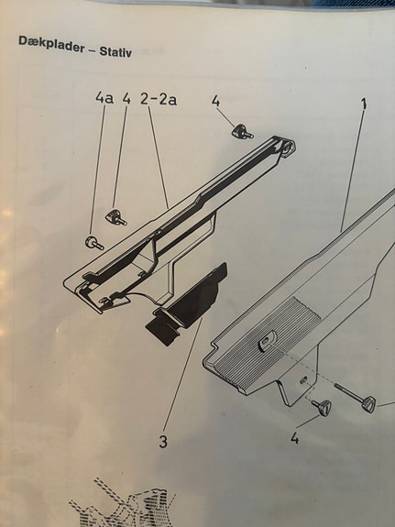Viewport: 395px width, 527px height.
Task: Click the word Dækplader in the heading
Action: [x=51, y=44]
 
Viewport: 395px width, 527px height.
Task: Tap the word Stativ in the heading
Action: [x=115, y=52]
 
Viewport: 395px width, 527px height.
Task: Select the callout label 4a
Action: [x=104, y=98]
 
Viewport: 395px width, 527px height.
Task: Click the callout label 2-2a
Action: [x=159, y=99]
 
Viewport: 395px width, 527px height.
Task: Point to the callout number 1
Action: [x=364, y=104]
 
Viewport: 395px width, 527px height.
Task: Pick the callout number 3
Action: [x=163, y=441]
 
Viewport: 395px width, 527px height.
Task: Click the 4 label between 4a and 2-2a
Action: [x=126, y=98]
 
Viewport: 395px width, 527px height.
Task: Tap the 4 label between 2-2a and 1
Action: [x=215, y=101]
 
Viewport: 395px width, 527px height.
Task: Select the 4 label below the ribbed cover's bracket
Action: [x=294, y=438]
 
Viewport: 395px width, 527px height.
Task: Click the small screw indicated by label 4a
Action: [x=93, y=243]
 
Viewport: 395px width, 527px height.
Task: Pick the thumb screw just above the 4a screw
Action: [x=116, y=217]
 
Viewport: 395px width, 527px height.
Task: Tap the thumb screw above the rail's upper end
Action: [x=242, y=131]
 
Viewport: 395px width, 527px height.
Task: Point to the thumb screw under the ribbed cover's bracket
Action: [x=322, y=407]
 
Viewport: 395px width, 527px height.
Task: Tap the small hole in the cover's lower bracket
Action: [x=303, y=379]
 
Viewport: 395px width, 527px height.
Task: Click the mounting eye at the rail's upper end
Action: [x=289, y=148]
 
